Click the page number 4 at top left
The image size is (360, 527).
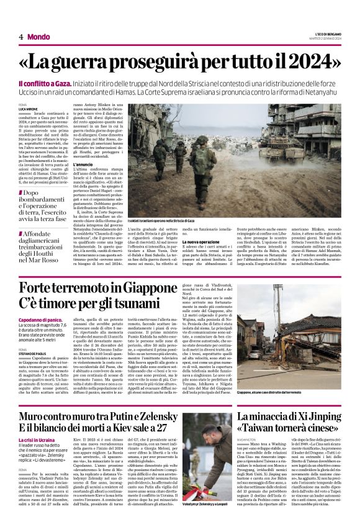click(21, 37)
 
